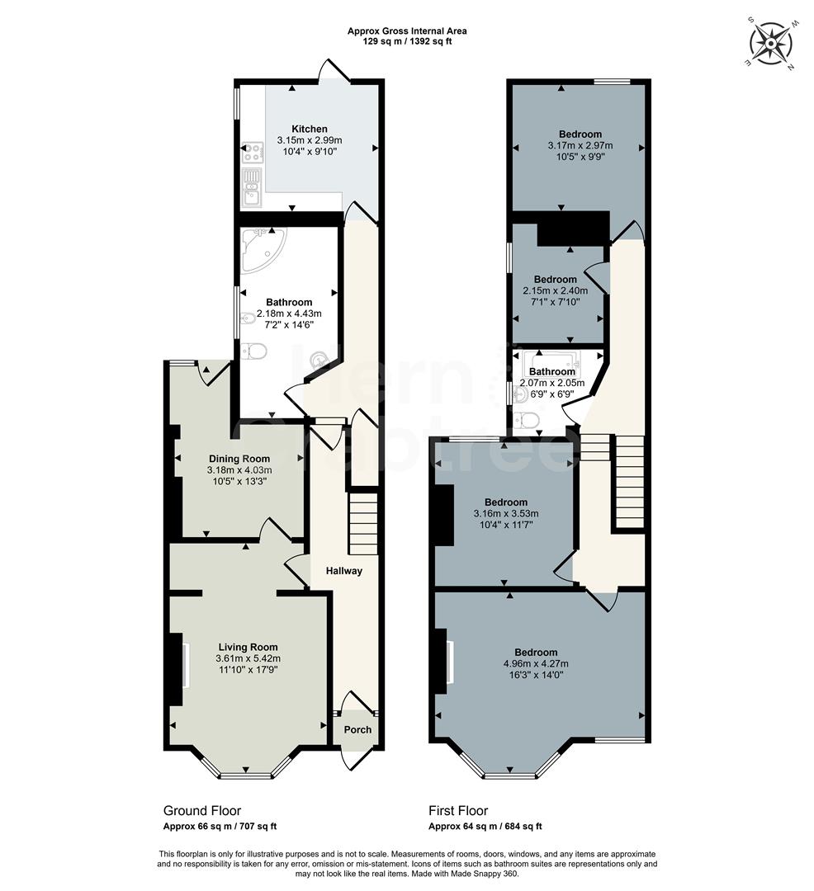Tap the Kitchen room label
click(x=309, y=129)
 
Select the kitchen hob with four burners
click(x=251, y=153)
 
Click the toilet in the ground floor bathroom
click(x=255, y=352)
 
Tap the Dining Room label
click(x=239, y=459)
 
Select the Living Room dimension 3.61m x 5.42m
click(x=248, y=659)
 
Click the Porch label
click(x=357, y=729)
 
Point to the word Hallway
click(x=343, y=571)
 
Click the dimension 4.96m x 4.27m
click(x=536, y=663)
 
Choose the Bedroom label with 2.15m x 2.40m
click(x=555, y=279)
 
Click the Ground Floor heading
click(x=202, y=811)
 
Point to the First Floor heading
click(x=458, y=811)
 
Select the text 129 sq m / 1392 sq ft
click(x=407, y=41)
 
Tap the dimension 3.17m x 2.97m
click(x=580, y=145)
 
